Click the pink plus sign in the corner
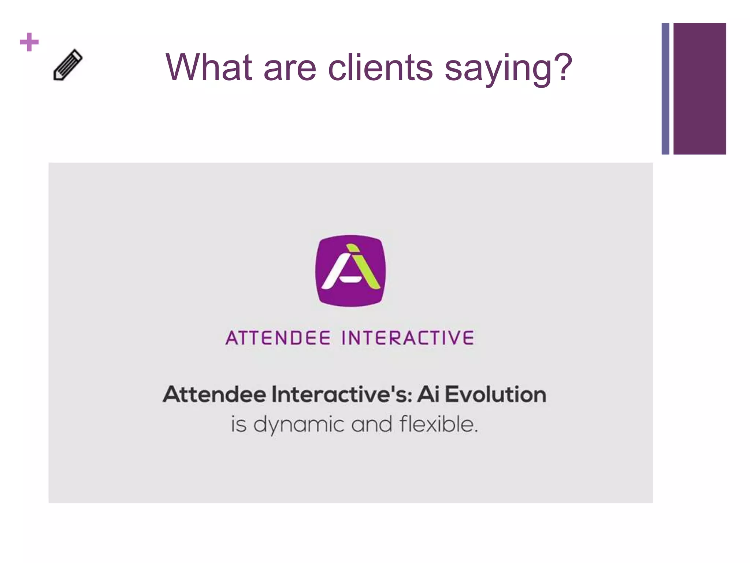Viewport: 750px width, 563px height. pos(29,42)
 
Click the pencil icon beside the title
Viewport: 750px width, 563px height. pos(68,65)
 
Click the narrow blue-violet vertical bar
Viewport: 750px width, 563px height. pos(665,89)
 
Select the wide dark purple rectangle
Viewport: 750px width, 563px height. pos(699,89)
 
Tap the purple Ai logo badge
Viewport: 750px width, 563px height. pos(350,271)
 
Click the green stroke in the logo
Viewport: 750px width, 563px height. pos(364,266)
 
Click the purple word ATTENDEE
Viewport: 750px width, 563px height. pos(278,338)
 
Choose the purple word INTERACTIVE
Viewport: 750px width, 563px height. pos(408,338)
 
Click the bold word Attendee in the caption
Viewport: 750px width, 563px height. pos(215,394)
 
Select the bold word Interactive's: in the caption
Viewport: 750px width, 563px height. pos(342,394)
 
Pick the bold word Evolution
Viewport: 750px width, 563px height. pos(495,394)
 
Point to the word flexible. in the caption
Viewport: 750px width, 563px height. pos(439,424)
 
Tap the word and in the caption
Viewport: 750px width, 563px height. pos(371,424)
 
